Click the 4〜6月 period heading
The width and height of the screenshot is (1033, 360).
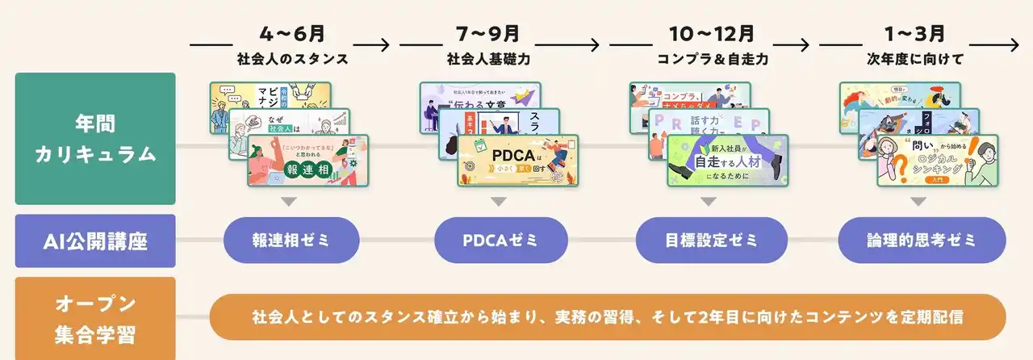point(292,35)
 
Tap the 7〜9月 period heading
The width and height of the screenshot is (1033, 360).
point(500,35)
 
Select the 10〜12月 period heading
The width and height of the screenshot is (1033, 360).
point(711,35)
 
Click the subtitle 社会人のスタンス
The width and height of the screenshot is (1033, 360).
point(292,60)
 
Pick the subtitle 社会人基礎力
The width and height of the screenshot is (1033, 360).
point(500,60)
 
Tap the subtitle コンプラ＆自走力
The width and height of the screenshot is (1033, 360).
point(711,60)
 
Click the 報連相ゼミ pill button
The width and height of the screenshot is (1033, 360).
point(291,240)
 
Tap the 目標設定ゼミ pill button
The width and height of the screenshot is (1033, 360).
point(711,240)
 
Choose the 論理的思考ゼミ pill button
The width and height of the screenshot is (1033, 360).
point(922,240)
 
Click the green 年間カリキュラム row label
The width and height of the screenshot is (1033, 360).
point(94,139)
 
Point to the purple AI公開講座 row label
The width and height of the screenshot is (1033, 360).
point(94,240)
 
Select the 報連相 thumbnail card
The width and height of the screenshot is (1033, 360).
point(308,161)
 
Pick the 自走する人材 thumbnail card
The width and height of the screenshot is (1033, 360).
point(727,161)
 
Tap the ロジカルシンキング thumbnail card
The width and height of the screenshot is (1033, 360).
point(937,161)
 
